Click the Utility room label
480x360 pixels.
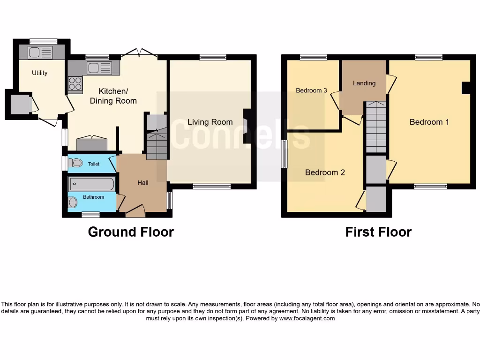click(x=40, y=73)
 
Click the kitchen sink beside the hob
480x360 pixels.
click(x=99, y=68)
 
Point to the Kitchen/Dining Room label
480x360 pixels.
click(x=113, y=96)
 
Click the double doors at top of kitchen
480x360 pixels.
click(x=139, y=53)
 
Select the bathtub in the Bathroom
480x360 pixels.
click(x=92, y=184)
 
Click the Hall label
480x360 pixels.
click(x=143, y=182)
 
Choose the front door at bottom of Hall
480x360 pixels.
click(x=135, y=211)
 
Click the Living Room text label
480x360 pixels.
click(x=210, y=122)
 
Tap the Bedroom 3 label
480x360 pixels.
click(x=311, y=90)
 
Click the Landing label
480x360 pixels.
click(x=364, y=83)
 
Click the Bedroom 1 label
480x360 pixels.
click(x=429, y=122)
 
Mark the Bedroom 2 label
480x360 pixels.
click(x=325, y=172)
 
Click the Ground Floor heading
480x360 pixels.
click(x=131, y=232)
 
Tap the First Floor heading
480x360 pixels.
click(x=378, y=232)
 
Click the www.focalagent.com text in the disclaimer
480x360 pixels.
click(x=307, y=318)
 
